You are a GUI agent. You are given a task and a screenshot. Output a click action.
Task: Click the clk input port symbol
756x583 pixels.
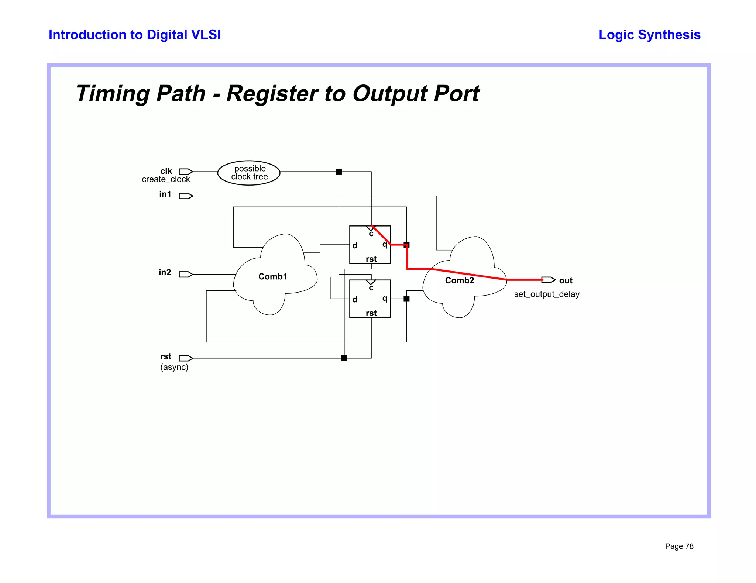click(x=186, y=172)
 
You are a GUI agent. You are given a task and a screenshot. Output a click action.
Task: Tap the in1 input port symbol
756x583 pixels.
click(x=186, y=196)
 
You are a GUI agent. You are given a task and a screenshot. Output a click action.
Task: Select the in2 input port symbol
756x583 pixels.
click(x=186, y=274)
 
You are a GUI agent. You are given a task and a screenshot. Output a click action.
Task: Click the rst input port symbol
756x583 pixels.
click(x=186, y=358)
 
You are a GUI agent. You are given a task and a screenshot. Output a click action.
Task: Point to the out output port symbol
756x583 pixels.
click(x=549, y=280)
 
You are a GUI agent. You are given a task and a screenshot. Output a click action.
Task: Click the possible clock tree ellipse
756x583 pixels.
click(x=249, y=173)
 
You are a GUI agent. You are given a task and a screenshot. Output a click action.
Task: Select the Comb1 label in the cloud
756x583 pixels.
click(x=272, y=276)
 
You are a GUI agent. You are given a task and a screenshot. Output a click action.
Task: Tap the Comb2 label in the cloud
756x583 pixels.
click(x=459, y=280)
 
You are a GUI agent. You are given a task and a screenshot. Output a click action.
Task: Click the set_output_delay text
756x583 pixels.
click(x=546, y=294)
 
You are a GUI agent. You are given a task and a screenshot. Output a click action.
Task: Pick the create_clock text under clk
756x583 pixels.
click(x=166, y=179)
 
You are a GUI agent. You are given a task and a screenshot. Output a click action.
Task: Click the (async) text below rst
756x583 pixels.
click(x=174, y=367)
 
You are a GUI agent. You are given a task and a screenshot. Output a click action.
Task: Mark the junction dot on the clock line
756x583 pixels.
click(x=339, y=172)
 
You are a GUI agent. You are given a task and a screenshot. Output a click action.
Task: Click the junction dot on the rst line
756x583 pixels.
click(x=344, y=358)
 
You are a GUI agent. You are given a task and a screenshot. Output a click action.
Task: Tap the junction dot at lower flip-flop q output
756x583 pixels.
click(x=406, y=299)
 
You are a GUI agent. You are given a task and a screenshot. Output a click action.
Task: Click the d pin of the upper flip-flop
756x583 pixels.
click(x=355, y=245)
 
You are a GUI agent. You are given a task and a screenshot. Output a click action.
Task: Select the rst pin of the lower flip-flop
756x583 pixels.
click(x=371, y=313)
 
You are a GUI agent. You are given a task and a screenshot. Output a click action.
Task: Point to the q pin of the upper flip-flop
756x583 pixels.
click(x=385, y=244)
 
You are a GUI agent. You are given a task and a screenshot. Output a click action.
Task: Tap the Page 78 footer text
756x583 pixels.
click(x=679, y=546)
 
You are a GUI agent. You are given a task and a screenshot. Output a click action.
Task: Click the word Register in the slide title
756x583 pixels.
click(x=272, y=93)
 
